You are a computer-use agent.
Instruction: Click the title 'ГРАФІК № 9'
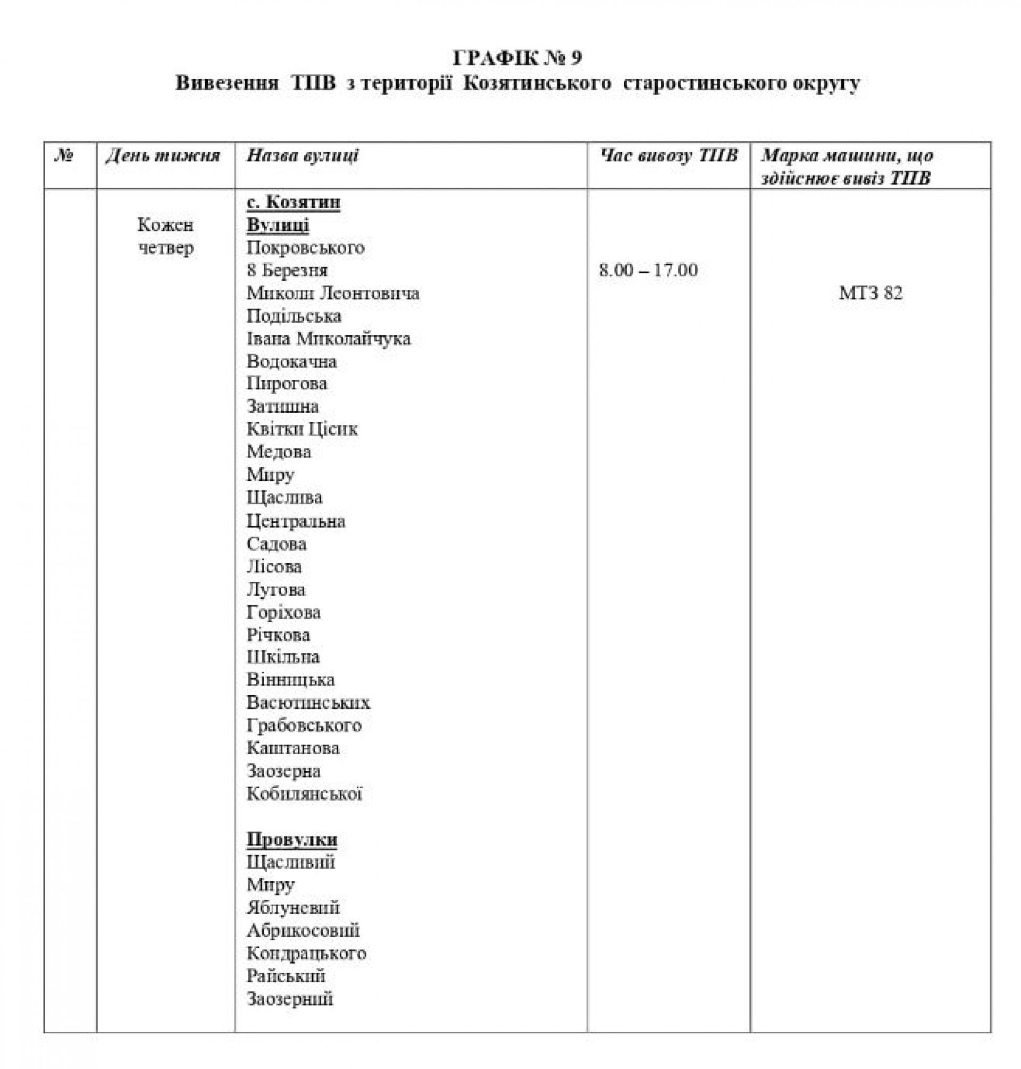[x=517, y=57]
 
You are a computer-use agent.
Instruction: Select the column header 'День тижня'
[x=163, y=156]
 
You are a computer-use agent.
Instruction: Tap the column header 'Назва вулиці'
[x=303, y=156]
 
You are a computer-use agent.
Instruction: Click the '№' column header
[x=64, y=156]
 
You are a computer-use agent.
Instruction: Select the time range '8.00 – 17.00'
[x=648, y=271]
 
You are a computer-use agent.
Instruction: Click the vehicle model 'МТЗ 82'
[x=871, y=294]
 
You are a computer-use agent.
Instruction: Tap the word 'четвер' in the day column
[x=165, y=248]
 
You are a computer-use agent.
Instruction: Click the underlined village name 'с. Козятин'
[x=294, y=203]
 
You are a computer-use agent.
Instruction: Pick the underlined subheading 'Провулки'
[x=292, y=840]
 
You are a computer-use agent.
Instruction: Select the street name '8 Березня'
[x=287, y=271]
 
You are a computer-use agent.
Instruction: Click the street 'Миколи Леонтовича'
[x=332, y=294]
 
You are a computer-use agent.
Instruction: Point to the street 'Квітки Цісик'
[x=302, y=429]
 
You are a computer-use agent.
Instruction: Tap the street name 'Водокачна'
[x=291, y=362]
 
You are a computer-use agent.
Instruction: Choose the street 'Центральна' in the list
[x=296, y=521]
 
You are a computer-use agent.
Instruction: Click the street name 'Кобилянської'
[x=304, y=794]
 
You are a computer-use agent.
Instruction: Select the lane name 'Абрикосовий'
[x=303, y=931]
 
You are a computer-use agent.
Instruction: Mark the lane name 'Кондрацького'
[x=306, y=954]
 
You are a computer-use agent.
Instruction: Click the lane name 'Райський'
[x=286, y=976]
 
